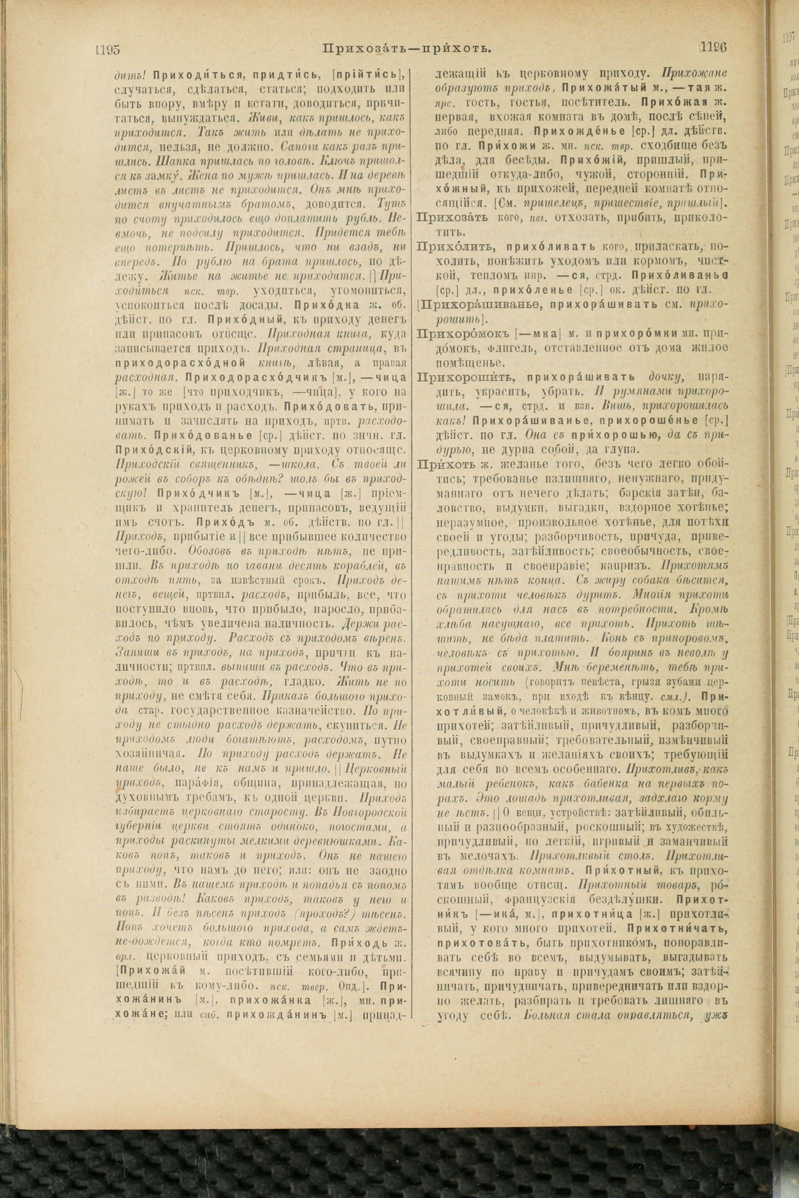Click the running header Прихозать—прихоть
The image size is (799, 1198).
pos(407,48)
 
